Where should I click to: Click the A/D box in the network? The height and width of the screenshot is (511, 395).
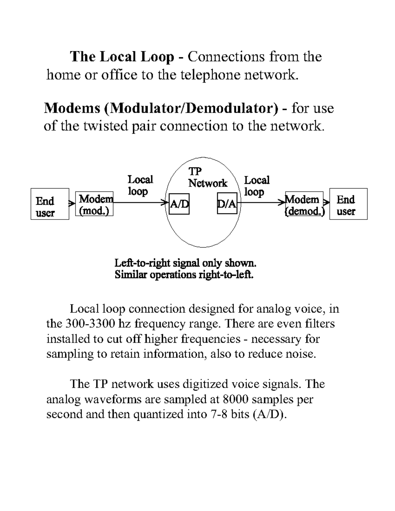(x=179, y=204)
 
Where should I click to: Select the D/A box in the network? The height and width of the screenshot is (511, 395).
(x=227, y=204)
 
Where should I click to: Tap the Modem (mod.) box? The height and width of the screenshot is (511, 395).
(x=94, y=204)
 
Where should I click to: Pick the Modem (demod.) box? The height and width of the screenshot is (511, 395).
(x=304, y=205)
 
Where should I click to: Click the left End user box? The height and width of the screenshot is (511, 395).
(x=50, y=204)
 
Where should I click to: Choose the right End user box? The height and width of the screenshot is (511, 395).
(x=348, y=204)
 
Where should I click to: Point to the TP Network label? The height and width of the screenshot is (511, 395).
(x=207, y=178)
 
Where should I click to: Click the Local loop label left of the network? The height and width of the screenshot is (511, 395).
(x=140, y=185)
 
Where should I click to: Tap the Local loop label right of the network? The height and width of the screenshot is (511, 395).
(x=257, y=186)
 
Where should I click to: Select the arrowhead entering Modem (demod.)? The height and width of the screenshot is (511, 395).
(x=282, y=202)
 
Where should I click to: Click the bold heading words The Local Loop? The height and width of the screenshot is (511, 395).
(x=122, y=57)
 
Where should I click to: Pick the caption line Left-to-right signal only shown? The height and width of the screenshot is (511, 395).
(x=185, y=263)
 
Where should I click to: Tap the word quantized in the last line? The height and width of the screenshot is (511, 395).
(x=159, y=414)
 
